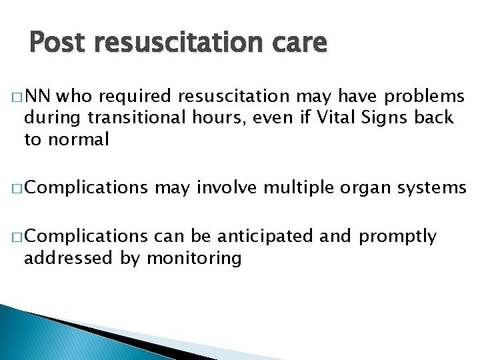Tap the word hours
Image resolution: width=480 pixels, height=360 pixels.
[x=209, y=119]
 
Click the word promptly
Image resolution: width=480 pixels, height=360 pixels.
[x=398, y=237]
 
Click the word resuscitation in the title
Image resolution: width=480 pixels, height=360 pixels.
[x=177, y=43]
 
